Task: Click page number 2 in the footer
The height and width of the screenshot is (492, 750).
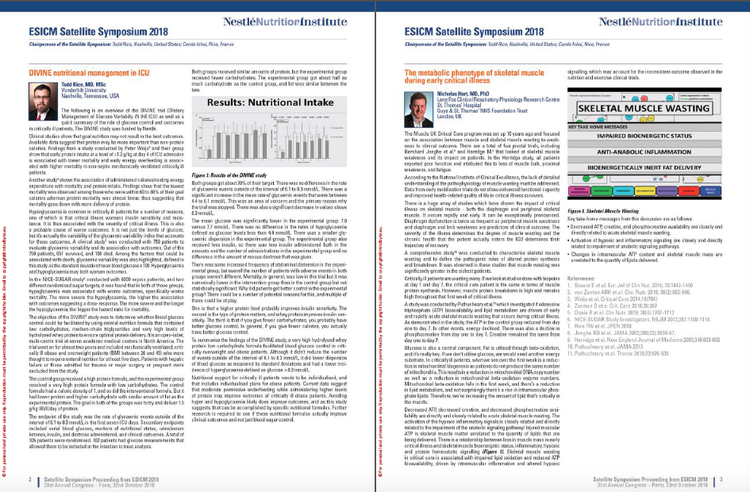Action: (x=29, y=479)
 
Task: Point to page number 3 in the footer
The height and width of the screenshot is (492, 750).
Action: (x=721, y=479)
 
